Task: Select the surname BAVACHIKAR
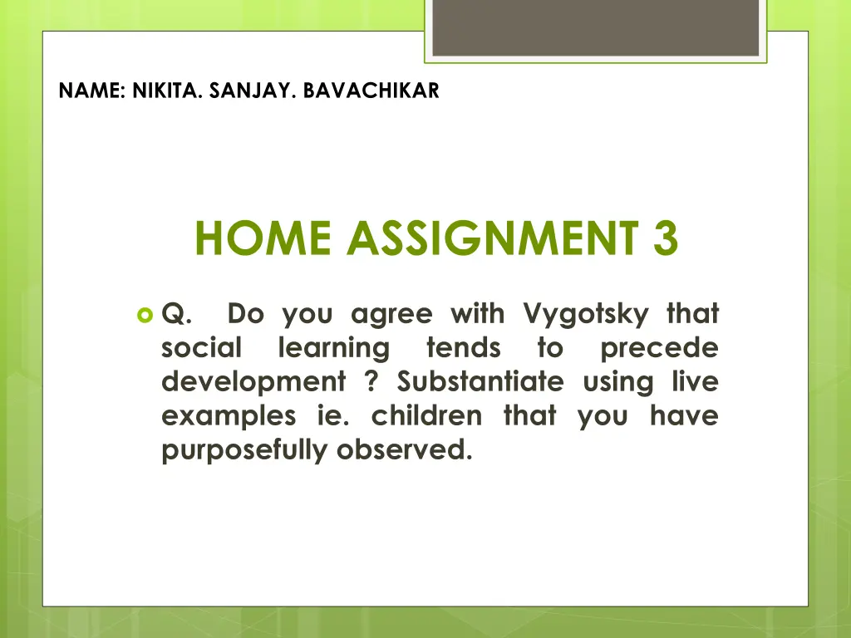click(371, 91)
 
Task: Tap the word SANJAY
click(253, 91)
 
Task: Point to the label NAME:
click(92, 91)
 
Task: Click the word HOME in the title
click(263, 238)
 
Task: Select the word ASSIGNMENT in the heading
click(493, 238)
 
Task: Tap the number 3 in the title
click(666, 238)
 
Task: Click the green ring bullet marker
click(145, 315)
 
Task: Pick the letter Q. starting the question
click(176, 314)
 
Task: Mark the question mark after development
click(371, 381)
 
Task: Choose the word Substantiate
click(481, 381)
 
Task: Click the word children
click(426, 416)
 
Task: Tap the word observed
click(405, 449)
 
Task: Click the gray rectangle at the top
click(595, 27)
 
